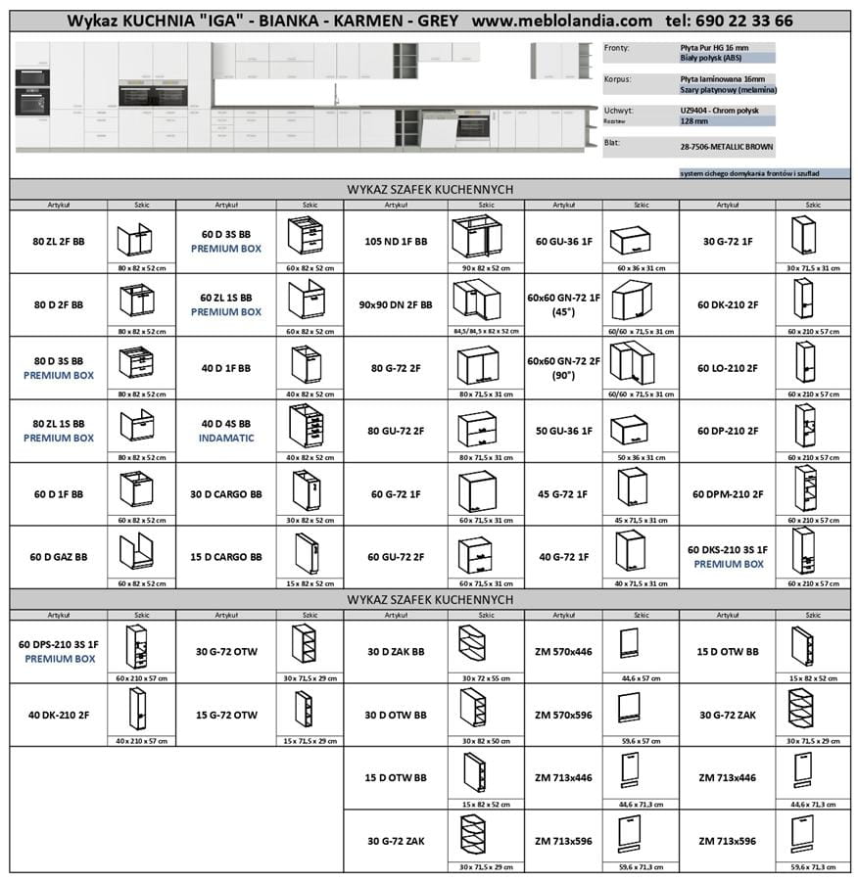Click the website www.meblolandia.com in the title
pos(561,21)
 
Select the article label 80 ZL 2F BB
pos(59,241)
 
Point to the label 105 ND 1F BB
pos(396,241)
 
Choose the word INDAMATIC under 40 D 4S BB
pos(226,438)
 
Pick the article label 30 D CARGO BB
pos(226,494)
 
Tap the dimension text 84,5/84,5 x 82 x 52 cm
pos(486,331)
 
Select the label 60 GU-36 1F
pos(563,241)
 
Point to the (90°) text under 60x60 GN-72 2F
pos(563,375)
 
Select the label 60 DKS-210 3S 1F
pos(728,550)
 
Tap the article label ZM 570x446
pos(563,651)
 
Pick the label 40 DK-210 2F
pos(59,715)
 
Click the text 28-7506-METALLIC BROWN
pos(726,147)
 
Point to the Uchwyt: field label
pos(618,111)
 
